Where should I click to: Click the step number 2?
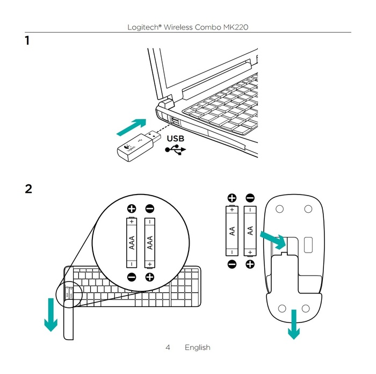coord(28,189)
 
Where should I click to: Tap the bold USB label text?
coord(175,138)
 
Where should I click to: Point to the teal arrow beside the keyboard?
coord(51,314)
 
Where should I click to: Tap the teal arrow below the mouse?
coord(293,323)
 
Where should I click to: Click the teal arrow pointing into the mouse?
coord(273,240)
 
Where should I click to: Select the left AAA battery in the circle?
coord(132,242)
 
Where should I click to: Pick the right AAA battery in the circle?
coord(150,242)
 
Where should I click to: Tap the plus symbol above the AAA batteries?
coord(132,208)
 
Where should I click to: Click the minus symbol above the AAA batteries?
coord(150,208)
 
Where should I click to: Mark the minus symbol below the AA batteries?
coord(232,264)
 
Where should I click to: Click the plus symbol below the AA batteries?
coord(250,264)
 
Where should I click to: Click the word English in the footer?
coord(197,348)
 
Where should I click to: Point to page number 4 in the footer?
coord(168,348)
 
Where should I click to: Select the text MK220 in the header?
coord(235,26)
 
